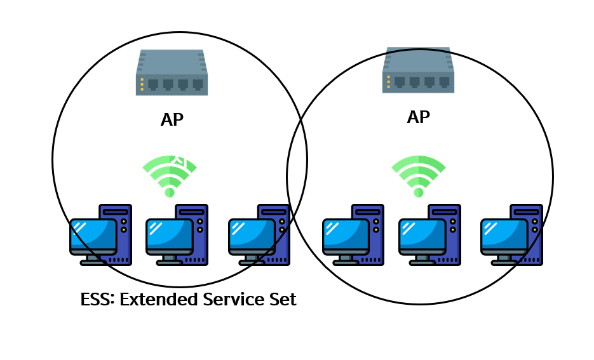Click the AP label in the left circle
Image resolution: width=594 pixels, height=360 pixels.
172,120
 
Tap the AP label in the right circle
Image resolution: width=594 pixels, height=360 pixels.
418,117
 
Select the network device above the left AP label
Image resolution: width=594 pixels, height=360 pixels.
172,72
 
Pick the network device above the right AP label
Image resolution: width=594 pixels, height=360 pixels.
418,70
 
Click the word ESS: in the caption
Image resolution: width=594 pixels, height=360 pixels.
98,299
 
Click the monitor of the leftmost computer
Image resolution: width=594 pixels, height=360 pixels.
93,234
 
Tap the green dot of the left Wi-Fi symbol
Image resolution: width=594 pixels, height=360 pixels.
170,192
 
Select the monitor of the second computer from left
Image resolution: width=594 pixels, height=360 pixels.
170,234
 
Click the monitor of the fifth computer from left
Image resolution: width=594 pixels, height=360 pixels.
422,234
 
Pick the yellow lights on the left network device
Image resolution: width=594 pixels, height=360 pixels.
142,84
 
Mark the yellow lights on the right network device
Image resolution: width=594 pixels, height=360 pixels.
388,82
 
